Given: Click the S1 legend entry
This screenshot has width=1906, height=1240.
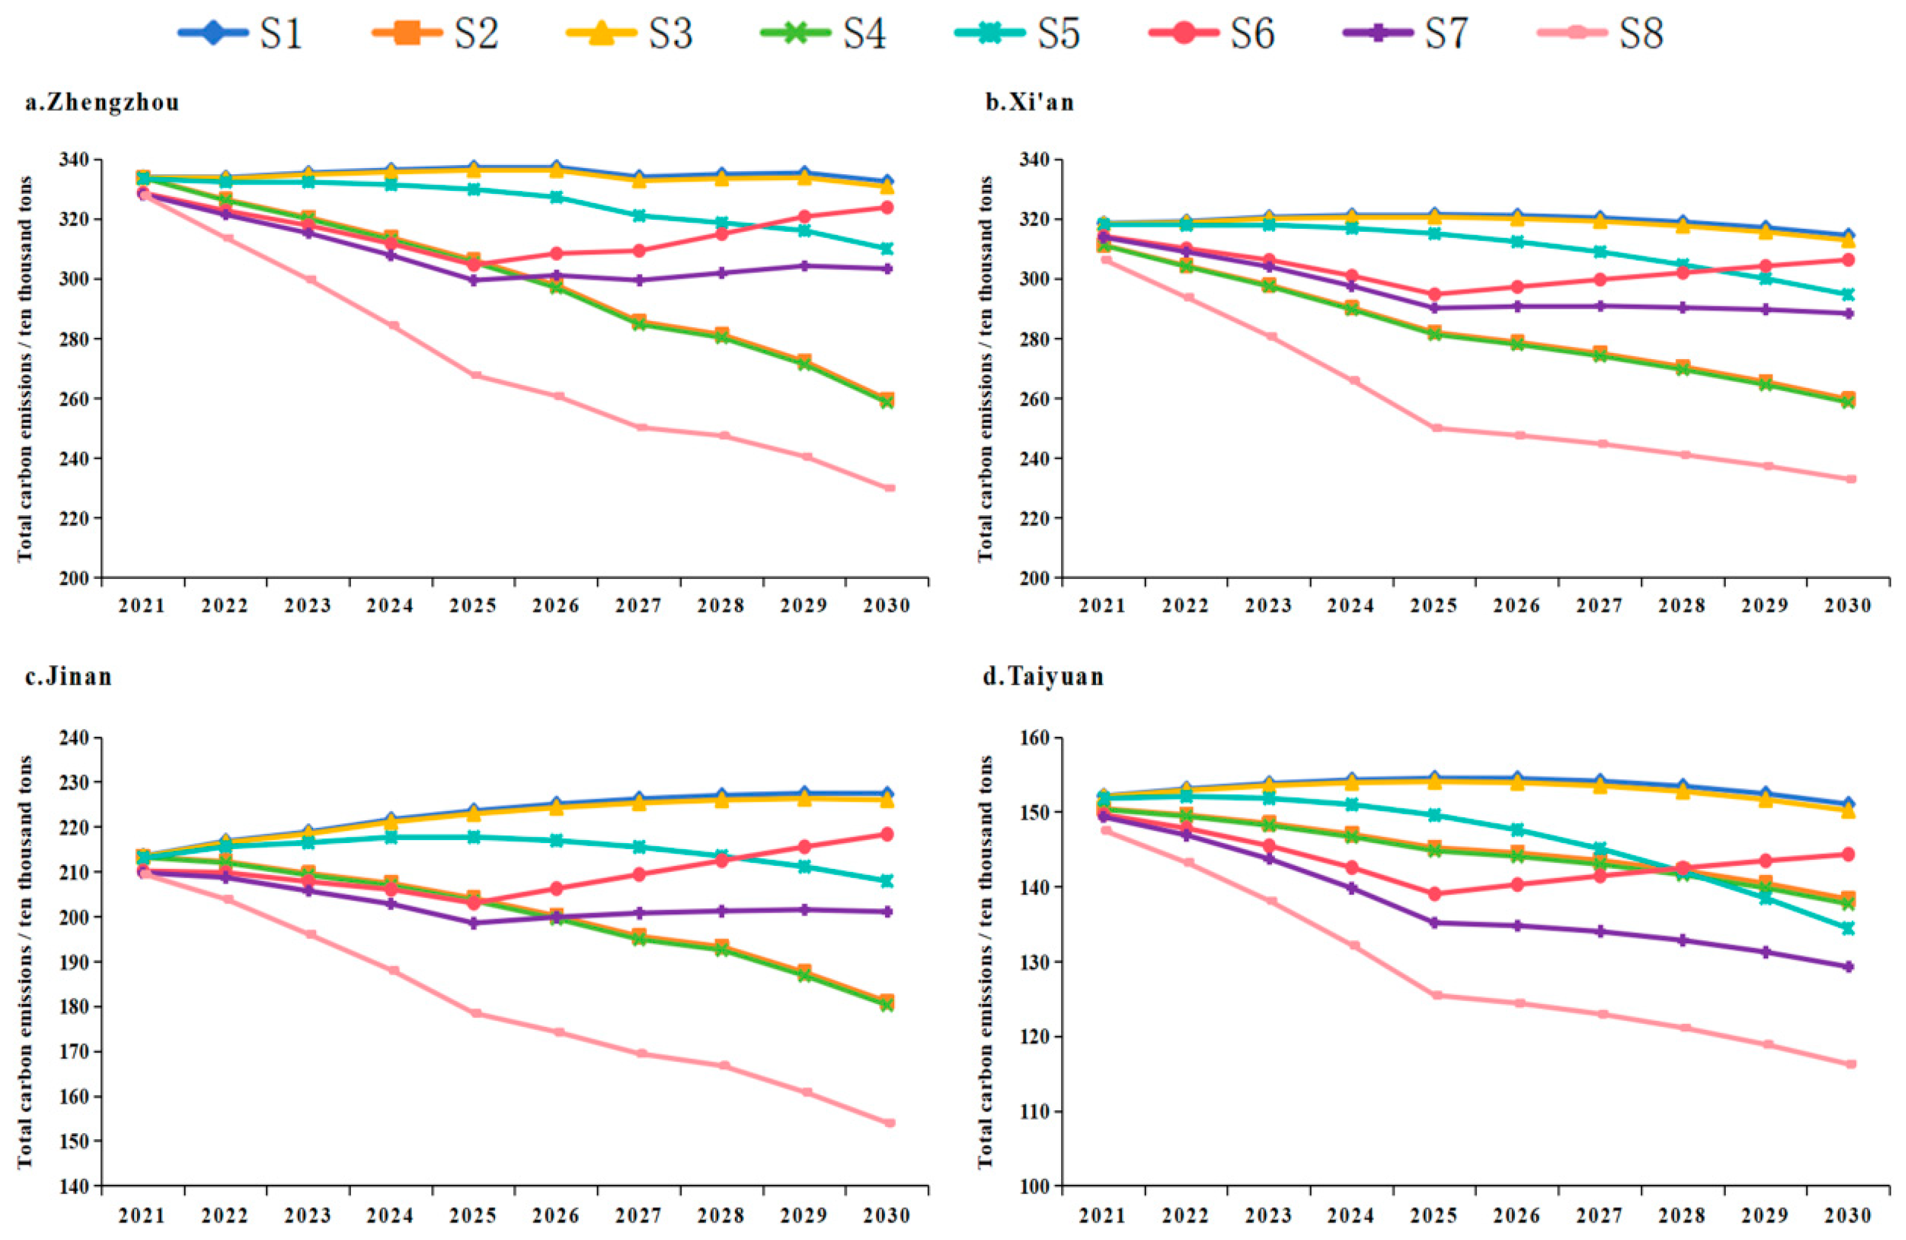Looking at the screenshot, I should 240,34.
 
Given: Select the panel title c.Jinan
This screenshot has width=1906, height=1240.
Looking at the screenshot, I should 69,677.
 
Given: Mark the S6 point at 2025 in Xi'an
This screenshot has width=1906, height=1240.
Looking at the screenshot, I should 1434,294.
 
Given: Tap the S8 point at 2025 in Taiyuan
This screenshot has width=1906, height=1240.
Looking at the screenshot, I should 1434,996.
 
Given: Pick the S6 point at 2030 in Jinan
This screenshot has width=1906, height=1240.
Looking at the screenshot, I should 888,834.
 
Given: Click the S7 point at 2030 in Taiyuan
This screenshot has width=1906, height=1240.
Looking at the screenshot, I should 1848,967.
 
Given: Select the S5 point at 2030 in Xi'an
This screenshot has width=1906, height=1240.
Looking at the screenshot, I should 1848,294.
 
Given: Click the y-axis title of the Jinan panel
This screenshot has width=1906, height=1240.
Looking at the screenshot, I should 26,961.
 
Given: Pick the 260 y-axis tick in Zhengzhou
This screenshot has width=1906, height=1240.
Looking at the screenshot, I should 79,399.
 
